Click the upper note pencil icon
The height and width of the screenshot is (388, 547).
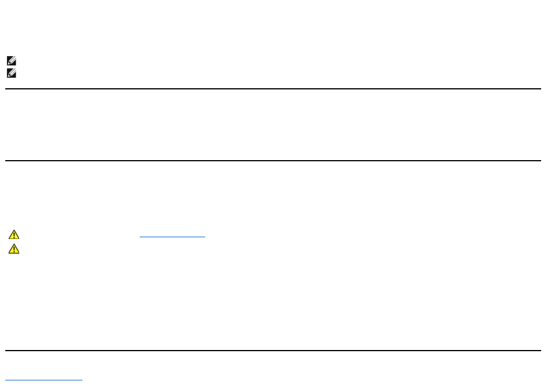point(11,60)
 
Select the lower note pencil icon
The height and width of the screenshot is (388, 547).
point(11,74)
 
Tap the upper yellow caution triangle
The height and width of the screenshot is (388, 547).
point(14,235)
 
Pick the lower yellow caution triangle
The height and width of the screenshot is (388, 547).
point(14,249)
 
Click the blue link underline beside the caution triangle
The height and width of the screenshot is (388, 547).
point(172,237)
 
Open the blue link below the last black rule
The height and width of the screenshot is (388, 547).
point(44,380)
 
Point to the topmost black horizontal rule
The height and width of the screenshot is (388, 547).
point(273,89)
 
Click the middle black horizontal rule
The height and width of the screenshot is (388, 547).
point(273,161)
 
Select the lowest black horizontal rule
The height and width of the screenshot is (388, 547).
point(273,351)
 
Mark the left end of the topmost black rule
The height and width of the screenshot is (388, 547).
point(6,89)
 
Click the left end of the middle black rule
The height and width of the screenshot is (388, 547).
point(6,161)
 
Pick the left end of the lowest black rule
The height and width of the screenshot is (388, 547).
point(6,351)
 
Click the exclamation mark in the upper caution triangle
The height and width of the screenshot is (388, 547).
point(14,235)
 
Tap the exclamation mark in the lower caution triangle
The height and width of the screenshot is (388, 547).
point(14,250)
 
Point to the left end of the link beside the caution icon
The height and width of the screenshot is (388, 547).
point(140,237)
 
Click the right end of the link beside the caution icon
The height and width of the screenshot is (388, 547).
point(205,237)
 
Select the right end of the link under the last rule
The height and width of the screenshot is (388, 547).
point(82,380)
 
